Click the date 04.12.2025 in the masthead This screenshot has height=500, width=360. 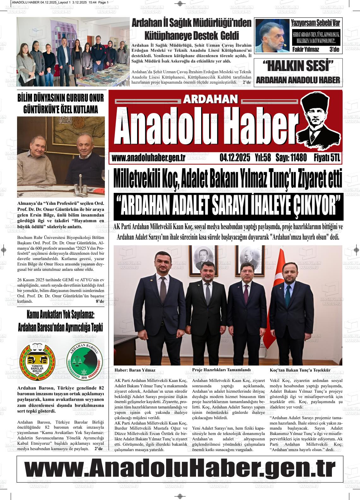click(x=235, y=158)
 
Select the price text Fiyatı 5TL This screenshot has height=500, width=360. click(x=327, y=158)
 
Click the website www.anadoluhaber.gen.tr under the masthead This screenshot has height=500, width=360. click(x=148, y=158)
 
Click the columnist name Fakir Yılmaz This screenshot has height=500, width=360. click(x=306, y=50)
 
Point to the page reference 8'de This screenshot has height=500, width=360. click(x=100, y=301)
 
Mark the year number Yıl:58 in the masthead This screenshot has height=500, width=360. click(x=263, y=158)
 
